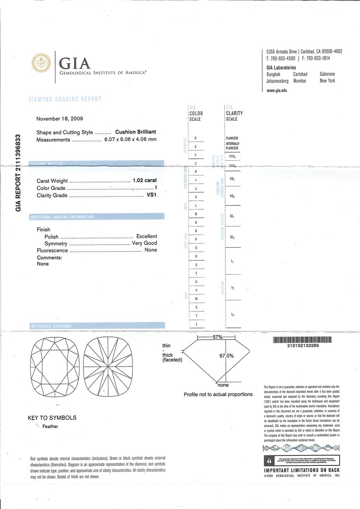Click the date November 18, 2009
click(59, 119)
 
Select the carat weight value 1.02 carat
click(144, 181)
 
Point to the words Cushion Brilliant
click(136, 132)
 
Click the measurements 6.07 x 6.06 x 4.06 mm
click(130, 139)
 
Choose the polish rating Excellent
click(147, 236)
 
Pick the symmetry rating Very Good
click(145, 243)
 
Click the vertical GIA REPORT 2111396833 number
click(17, 171)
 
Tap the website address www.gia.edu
click(277, 91)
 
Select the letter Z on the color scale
click(196, 324)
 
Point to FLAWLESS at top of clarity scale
click(232, 138)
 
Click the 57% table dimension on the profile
click(217, 337)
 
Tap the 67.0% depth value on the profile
click(227, 356)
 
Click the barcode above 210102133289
click(303, 340)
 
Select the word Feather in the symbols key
click(50, 426)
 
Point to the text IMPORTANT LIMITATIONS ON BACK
click(302, 471)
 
